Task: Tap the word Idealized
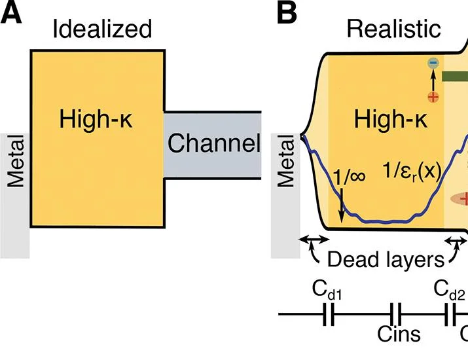pyautogui.click(x=102, y=29)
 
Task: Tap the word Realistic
pyautogui.click(x=393, y=29)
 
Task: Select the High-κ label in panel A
pyautogui.click(x=96, y=119)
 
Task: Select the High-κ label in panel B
pyautogui.click(x=390, y=119)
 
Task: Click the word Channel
pyautogui.click(x=214, y=143)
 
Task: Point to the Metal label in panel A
pyautogui.click(x=16, y=161)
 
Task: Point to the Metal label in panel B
pyautogui.click(x=286, y=161)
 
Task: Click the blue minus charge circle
pyautogui.click(x=433, y=63)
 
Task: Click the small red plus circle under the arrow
pyautogui.click(x=433, y=97)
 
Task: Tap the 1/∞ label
pyautogui.click(x=349, y=176)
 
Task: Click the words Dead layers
pyautogui.click(x=386, y=259)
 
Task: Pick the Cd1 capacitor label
pyautogui.click(x=327, y=289)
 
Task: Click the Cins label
pyautogui.click(x=399, y=334)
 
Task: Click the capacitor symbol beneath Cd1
pyautogui.click(x=329, y=315)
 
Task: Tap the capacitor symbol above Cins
pyautogui.click(x=395, y=315)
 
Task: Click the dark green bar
pyautogui.click(x=455, y=77)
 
